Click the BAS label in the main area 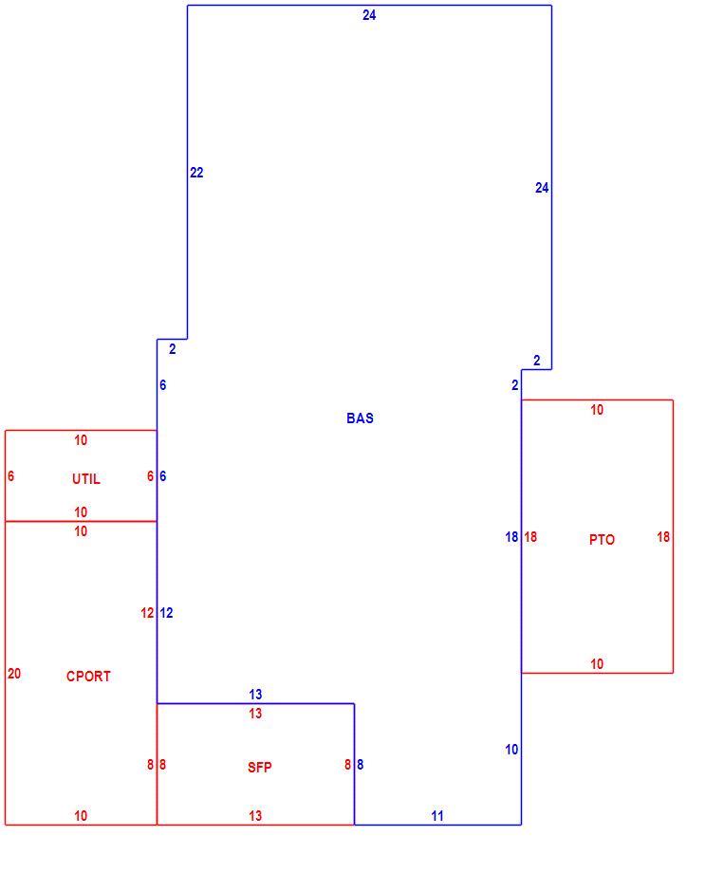[360, 418]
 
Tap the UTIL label [86, 479]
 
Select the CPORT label [88, 676]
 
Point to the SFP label [260, 768]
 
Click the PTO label [602, 540]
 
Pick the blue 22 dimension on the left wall [196, 173]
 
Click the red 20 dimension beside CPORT [14, 674]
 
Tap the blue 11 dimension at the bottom [437, 816]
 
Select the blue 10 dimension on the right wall [511, 750]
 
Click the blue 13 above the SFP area [255, 695]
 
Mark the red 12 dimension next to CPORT [147, 613]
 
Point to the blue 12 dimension [166, 613]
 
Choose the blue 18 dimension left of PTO [511, 537]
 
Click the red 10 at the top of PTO [597, 410]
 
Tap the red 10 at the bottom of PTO [597, 663]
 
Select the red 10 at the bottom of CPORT [81, 816]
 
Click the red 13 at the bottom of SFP [255, 816]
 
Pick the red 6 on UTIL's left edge [11, 476]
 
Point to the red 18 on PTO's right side [663, 537]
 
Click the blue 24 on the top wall [369, 15]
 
